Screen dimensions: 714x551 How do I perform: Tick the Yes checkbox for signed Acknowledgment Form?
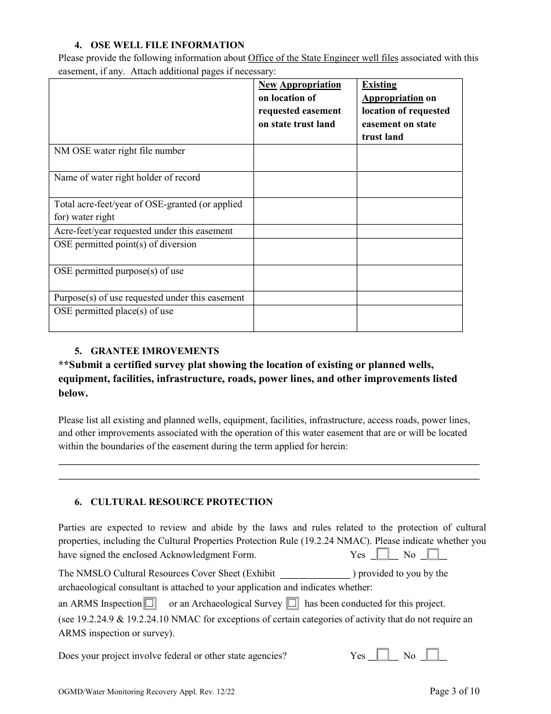(383, 554)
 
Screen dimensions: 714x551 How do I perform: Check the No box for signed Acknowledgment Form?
(433, 554)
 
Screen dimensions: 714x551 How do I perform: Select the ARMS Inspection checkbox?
(150, 604)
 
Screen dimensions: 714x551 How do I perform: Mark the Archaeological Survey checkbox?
(292, 604)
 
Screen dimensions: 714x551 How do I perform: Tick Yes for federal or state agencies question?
(383, 655)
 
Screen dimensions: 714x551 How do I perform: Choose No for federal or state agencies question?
(433, 655)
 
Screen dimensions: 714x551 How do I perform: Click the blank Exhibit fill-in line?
(316, 574)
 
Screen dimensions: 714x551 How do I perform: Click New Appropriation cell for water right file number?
(304, 157)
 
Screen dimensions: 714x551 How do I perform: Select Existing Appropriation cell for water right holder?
(409, 184)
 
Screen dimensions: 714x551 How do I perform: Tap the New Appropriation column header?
(300, 104)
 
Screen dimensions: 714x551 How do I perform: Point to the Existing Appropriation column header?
(406, 111)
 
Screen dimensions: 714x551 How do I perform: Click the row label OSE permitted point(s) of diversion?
(125, 244)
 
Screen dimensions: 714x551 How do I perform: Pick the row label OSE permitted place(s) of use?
(114, 311)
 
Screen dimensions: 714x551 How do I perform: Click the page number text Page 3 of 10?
(454, 691)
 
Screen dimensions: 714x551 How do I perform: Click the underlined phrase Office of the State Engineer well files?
(323, 58)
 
